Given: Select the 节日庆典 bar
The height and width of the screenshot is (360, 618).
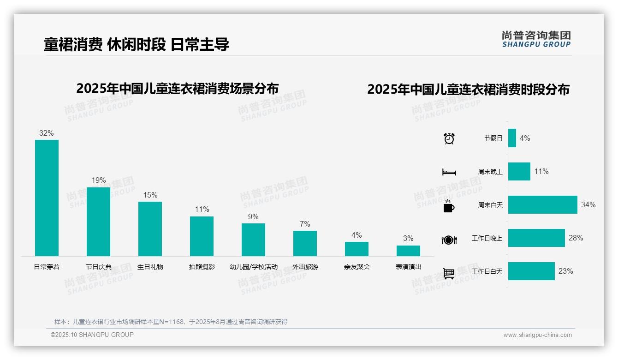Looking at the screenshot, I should [x=98, y=222].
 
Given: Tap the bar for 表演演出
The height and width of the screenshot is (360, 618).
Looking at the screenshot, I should [x=408, y=251].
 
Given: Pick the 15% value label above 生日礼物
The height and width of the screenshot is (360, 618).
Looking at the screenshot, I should [x=150, y=195].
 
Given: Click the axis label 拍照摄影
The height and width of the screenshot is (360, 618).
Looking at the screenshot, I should [x=202, y=267].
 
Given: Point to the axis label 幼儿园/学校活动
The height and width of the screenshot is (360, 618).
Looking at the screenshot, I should [x=254, y=267].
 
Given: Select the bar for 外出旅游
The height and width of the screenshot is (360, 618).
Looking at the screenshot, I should [x=305, y=243].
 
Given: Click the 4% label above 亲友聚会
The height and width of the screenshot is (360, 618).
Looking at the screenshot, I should [x=357, y=235].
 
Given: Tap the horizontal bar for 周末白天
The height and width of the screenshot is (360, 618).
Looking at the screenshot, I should [x=542, y=204].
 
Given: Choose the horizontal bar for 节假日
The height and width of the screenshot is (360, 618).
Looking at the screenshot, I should [x=512, y=138].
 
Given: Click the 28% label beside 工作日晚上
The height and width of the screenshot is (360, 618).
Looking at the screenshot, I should [x=576, y=238].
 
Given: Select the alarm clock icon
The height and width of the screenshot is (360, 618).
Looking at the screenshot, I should [x=449, y=138].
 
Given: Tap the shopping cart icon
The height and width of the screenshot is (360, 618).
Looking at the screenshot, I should [x=449, y=273].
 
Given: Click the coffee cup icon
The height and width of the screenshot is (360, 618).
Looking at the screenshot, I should [x=449, y=206].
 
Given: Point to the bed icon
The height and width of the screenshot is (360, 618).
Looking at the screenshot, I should [x=449, y=172].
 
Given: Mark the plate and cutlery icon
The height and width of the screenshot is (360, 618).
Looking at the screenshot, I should [x=449, y=240].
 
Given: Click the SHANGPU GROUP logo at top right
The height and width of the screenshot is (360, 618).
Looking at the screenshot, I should [x=536, y=39].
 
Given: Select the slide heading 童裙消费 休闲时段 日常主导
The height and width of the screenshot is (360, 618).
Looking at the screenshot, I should [x=137, y=44].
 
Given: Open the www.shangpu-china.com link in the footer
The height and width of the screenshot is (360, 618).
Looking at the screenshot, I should [x=537, y=335].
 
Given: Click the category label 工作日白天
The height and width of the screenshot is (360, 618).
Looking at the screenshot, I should [x=487, y=271].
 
